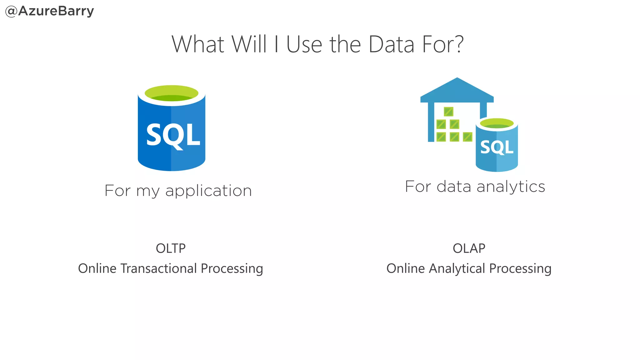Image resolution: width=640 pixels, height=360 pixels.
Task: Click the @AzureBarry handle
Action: tap(50, 11)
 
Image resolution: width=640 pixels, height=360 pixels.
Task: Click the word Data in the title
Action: tap(392, 44)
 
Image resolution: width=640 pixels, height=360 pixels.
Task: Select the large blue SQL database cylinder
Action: tap(171, 134)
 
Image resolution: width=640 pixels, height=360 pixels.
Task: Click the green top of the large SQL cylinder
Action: tap(172, 93)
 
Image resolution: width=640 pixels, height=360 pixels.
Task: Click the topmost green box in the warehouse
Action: tap(448, 112)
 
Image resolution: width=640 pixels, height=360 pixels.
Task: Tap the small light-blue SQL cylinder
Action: tap(497, 147)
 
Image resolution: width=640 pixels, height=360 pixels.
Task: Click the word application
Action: tap(208, 191)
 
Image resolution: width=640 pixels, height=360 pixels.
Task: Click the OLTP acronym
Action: tap(171, 248)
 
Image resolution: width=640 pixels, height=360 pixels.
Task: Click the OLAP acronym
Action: tap(469, 248)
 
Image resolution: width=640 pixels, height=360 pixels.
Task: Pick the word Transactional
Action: tap(158, 268)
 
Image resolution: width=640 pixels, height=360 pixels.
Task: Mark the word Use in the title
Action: tap(304, 44)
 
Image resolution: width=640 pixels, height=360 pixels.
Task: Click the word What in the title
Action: tap(198, 44)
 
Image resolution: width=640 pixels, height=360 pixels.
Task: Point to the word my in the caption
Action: tap(148, 191)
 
